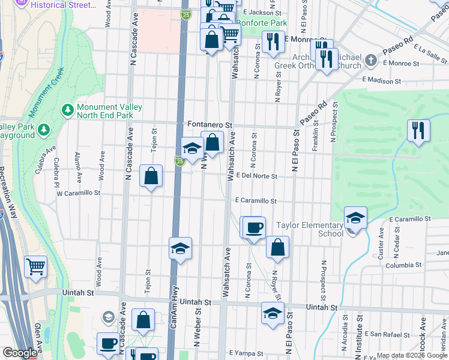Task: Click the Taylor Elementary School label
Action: click(310, 230)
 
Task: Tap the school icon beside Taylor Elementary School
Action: click(355, 219)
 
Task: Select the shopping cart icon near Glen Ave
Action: click(35, 266)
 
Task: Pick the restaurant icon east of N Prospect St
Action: click(418, 130)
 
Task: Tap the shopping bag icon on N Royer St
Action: click(277, 247)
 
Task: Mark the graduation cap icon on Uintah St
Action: click(273, 313)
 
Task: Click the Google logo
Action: click(20, 353)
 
